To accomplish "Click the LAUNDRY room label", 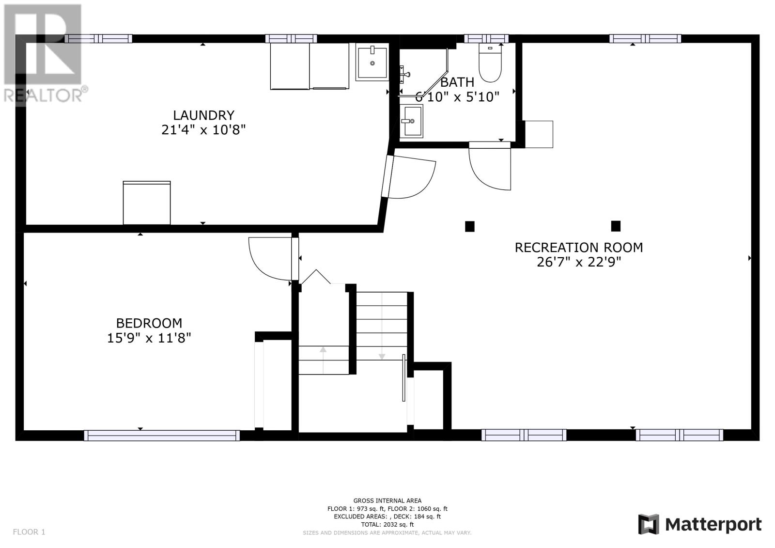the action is click(203, 115).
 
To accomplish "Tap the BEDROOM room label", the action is click(149, 323).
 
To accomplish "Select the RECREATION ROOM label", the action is click(579, 248).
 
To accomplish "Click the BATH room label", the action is click(457, 82).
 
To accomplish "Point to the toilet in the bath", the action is click(490, 63).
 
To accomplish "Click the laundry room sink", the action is click(372, 63).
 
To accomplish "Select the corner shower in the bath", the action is click(424, 72).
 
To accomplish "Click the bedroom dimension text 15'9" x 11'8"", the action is click(149, 338).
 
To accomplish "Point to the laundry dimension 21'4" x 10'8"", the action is click(203, 130).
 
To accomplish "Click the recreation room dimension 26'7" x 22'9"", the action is click(579, 262).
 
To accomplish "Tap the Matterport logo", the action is click(699, 524).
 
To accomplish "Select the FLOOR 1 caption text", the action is click(29, 532).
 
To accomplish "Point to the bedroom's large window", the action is click(162, 436).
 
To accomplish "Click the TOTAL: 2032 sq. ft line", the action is click(387, 524).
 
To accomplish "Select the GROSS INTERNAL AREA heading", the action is click(387, 501).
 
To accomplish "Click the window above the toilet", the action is click(486, 39).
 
